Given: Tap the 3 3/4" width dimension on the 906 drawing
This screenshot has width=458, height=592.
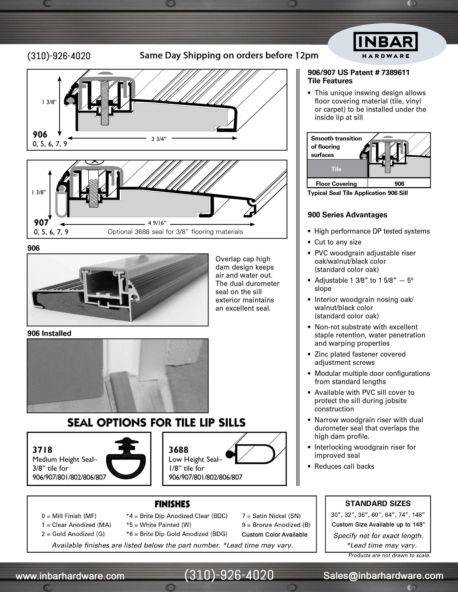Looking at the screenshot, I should pos(159,139).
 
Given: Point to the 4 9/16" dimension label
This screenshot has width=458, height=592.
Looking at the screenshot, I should pos(157,223).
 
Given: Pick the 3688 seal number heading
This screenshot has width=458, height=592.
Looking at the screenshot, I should pos(178,450).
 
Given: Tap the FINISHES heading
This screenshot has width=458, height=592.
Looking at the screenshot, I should pos(172,504).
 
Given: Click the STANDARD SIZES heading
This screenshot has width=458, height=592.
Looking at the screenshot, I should pos(378,504).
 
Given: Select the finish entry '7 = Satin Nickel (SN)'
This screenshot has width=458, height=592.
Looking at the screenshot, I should pos(271,516).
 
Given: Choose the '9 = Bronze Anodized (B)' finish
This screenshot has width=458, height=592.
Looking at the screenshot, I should pos(276,525).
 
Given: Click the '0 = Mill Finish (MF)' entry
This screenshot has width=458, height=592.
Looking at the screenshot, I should pos(69,516).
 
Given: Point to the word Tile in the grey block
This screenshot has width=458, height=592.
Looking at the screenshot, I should pos(336,169).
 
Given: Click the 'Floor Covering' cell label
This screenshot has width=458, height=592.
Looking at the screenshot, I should pos(336,184).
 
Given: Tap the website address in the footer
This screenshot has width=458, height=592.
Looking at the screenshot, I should pos(70,576).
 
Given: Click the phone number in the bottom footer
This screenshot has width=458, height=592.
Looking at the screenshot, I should pos(229,575).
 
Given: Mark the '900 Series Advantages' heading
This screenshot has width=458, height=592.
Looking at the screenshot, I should pos(347,215).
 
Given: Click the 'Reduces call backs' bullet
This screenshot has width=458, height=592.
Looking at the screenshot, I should pos(344,466).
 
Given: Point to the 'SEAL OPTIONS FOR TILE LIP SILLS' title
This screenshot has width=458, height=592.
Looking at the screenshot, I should pos(156,422).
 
